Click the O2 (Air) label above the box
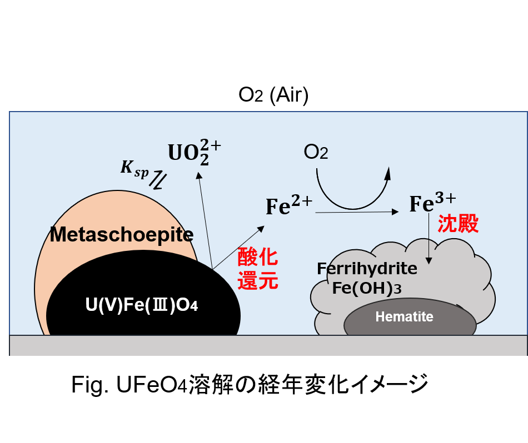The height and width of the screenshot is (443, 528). pos(273,95)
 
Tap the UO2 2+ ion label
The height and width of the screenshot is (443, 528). pos(195,152)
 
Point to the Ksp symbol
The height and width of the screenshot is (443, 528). pos(135,169)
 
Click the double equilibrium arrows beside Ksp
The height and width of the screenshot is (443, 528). pos(158,180)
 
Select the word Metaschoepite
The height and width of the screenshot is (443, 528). pos(122,234)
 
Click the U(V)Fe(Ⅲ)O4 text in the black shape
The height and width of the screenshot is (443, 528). pos(141,305)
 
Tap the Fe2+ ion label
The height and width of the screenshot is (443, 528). pos(289,205)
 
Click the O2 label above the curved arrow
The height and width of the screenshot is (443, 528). pos(316,152)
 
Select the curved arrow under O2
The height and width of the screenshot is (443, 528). pos(352,209)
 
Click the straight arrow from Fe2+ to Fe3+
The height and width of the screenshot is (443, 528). pos(357,212)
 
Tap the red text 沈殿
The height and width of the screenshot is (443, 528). pos(458,224)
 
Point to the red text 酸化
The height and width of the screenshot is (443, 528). pos(257,257)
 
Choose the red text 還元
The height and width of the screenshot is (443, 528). pos(257,280)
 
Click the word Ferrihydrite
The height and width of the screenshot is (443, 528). pos(367,269)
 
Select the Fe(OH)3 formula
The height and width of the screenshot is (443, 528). pos(367,288)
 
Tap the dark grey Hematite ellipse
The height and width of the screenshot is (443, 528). pos(410,317)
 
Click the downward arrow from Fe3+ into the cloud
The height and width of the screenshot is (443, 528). pos(429,239)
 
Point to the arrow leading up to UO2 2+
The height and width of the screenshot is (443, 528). pos(206,220)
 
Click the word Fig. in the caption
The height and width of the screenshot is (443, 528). pos(90,385)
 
